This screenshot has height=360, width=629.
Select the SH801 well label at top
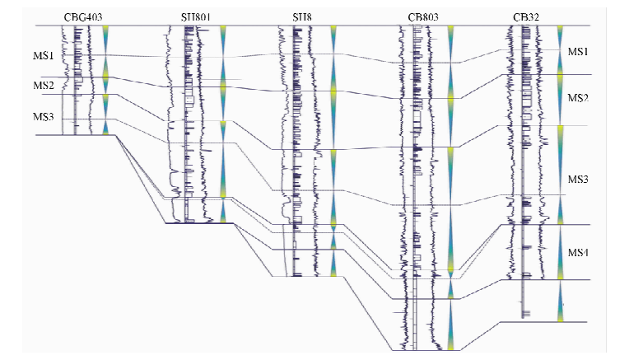click(x=198, y=16)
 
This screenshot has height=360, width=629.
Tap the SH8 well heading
click(x=304, y=16)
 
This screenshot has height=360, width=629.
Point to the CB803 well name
click(x=425, y=16)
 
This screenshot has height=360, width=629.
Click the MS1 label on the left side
click(x=44, y=56)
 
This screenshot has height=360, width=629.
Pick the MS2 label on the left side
click(x=44, y=86)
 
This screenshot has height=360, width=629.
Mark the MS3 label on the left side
click(x=44, y=118)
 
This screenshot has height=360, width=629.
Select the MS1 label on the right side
click(x=579, y=52)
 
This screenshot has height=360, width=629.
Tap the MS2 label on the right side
click(x=579, y=98)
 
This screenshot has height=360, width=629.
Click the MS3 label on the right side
click(x=579, y=180)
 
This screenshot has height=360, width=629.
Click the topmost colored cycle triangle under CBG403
click(x=106, y=40)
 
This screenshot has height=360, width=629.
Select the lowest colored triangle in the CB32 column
click(x=561, y=302)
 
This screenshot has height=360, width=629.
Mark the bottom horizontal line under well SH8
click(x=304, y=276)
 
